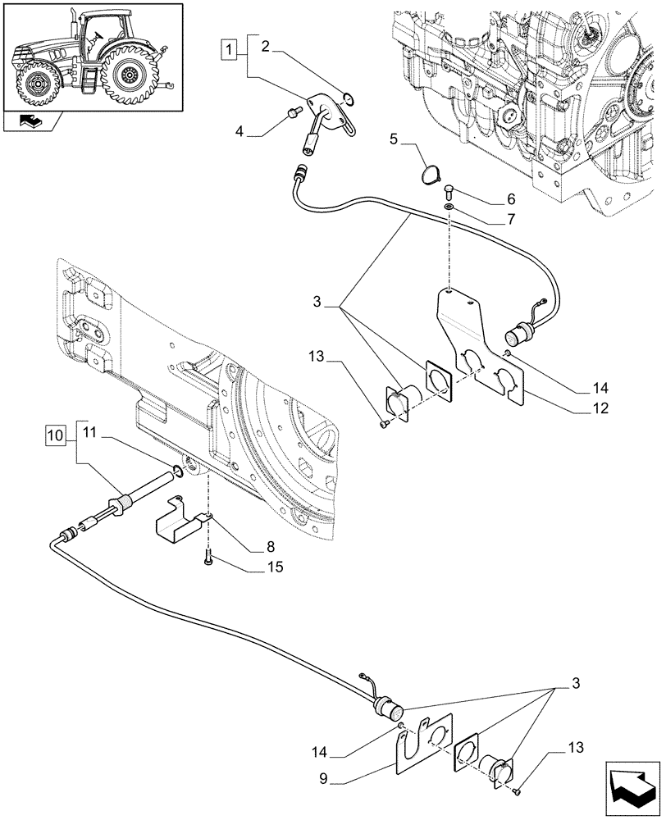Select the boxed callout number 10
tap(54, 433)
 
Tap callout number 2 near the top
tap(266, 48)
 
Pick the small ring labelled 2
tap(350, 100)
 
